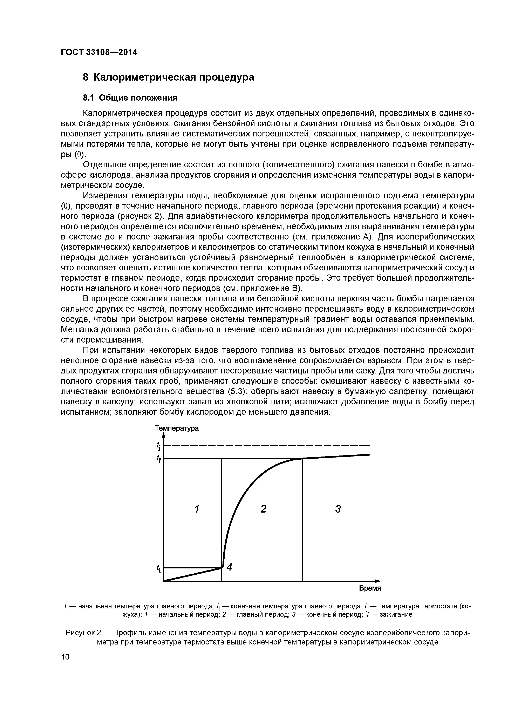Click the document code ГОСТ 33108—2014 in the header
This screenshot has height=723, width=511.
[x=99, y=52]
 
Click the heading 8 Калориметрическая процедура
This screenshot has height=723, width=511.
[x=168, y=77]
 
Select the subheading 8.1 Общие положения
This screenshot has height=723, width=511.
[x=130, y=98]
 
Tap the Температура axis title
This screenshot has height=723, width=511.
[x=176, y=428]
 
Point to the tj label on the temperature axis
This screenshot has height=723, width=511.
[x=159, y=446]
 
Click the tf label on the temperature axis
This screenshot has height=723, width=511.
[x=159, y=459]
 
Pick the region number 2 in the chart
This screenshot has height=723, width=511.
[x=263, y=509]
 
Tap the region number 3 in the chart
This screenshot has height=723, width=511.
[x=338, y=509]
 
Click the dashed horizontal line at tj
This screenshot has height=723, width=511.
[x=268, y=445]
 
